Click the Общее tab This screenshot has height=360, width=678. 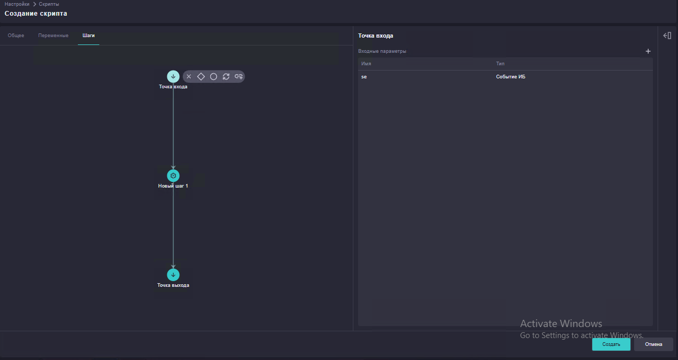click(x=16, y=36)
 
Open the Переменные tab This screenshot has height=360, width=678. click(x=53, y=36)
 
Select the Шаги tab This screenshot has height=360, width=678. click(x=88, y=36)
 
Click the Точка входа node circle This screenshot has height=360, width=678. click(x=173, y=76)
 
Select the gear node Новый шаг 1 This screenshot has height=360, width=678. click(x=173, y=176)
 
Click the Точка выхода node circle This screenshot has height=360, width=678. click(x=173, y=275)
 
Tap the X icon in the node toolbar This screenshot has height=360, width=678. click(x=189, y=76)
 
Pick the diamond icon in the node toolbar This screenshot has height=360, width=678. click(x=201, y=76)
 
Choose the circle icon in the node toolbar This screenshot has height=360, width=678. click(x=213, y=76)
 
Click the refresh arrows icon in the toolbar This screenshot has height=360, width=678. click(x=226, y=76)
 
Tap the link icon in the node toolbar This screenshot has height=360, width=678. click(x=238, y=76)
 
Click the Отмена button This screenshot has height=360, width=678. click(x=653, y=344)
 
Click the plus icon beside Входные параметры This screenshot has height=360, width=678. click(x=648, y=51)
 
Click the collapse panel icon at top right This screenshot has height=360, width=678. click(x=667, y=36)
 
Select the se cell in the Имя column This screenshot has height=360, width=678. click(x=364, y=77)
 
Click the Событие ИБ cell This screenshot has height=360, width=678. click(x=511, y=77)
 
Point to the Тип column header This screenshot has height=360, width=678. click(x=500, y=64)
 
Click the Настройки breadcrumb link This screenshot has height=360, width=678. click(x=17, y=4)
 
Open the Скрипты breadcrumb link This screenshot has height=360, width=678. click(x=49, y=4)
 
